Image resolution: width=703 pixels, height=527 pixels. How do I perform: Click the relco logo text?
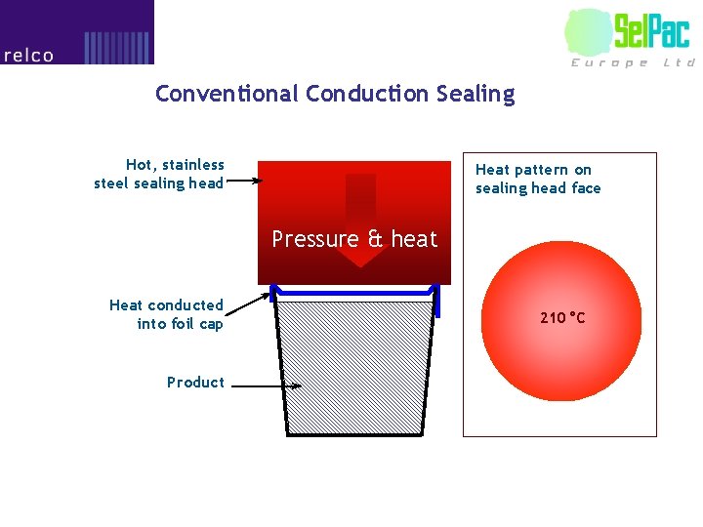28,56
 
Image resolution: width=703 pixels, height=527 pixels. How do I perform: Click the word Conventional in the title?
227,94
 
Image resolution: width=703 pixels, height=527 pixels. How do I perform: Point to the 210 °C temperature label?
563,317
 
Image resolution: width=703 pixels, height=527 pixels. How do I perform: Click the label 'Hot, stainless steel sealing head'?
160,174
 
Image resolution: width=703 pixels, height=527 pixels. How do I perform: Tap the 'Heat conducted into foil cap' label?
166,314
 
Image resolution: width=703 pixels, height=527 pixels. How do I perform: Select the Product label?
195,382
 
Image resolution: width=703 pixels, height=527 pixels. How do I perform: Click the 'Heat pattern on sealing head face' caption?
538,179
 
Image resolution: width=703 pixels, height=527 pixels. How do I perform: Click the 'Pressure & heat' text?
354,239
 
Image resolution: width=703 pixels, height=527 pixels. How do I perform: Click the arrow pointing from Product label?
267,386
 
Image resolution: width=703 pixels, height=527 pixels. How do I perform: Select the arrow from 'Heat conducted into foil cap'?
248,303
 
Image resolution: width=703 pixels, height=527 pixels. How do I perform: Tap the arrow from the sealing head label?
244,180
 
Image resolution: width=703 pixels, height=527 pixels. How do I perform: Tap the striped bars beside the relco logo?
117,47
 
